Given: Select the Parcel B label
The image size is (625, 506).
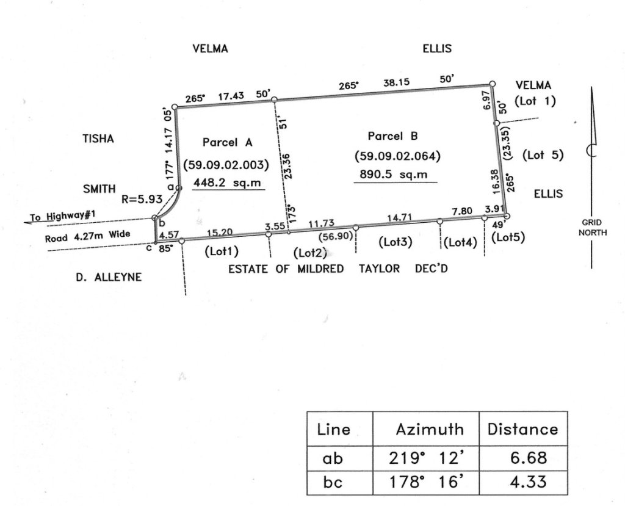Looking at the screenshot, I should click(392, 136).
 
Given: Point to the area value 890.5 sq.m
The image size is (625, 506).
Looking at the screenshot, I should click(397, 174).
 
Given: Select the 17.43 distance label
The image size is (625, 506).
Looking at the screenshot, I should click(231, 95).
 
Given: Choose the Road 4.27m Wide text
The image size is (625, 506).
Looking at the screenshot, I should click(87, 235).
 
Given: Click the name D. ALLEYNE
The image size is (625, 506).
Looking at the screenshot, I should click(109, 277).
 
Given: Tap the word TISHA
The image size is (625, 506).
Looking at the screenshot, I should click(98, 139).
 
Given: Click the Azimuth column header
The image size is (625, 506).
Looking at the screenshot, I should click(429, 429).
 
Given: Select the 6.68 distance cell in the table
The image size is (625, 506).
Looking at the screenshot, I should click(522, 457).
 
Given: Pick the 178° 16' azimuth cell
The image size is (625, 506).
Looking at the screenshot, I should click(426, 482).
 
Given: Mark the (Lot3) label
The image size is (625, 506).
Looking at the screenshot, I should click(395, 242).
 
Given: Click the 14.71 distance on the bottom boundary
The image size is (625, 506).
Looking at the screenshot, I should click(399, 217).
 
